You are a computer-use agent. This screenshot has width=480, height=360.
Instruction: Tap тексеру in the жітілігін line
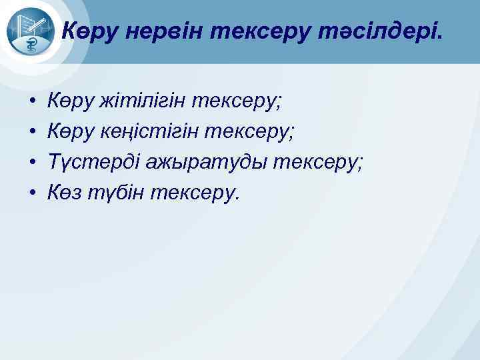click(237, 101)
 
